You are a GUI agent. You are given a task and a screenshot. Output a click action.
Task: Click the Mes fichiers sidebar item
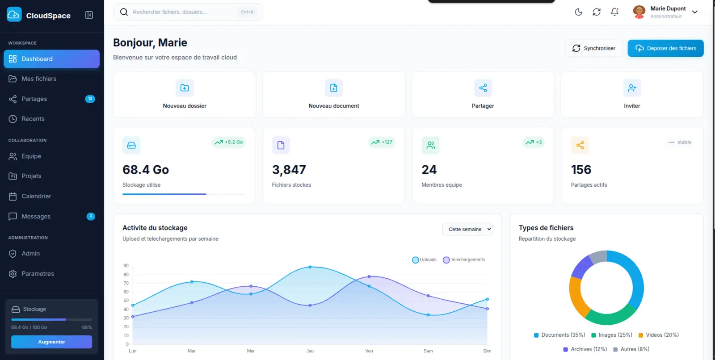(39, 79)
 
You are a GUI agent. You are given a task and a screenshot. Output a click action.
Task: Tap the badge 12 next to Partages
(90, 99)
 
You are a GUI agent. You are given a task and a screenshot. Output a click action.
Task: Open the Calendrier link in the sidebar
(36, 196)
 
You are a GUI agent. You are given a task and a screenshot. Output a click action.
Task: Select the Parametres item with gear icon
(38, 274)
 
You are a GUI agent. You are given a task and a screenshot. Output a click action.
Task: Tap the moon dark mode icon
(578, 12)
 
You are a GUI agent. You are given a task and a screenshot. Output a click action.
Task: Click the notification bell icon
(614, 12)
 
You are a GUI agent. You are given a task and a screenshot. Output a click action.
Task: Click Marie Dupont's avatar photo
(639, 12)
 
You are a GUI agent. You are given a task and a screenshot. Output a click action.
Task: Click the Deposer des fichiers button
(665, 48)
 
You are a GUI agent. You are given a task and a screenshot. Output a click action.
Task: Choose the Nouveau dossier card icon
(185, 88)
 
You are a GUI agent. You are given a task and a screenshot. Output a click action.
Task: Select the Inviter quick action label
(632, 106)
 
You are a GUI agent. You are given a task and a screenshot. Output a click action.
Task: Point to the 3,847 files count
(289, 170)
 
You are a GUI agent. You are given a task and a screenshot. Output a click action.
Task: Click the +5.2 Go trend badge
(229, 142)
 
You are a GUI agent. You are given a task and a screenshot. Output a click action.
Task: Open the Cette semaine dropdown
(467, 229)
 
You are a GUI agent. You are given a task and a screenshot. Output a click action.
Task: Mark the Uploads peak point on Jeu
(310, 267)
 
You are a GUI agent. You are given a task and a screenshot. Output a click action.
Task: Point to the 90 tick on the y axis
(126, 266)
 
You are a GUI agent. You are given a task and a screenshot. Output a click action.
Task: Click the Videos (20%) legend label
(662, 335)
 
